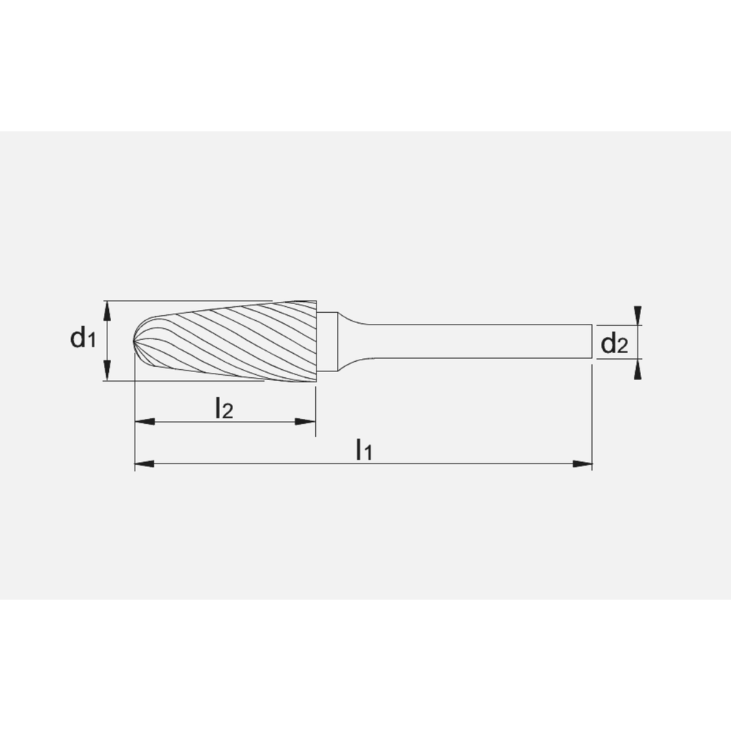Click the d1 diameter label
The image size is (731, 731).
(83, 338)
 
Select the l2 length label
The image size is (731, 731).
(224, 409)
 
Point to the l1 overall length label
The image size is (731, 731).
(363, 450)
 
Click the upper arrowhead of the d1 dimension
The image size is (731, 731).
(107, 310)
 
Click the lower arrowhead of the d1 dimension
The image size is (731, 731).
(107, 371)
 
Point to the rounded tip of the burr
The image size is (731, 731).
(138, 341)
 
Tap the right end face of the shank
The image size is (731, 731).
(591, 341)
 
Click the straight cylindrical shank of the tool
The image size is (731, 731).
(475, 341)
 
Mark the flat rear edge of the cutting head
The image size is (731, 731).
(316, 341)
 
